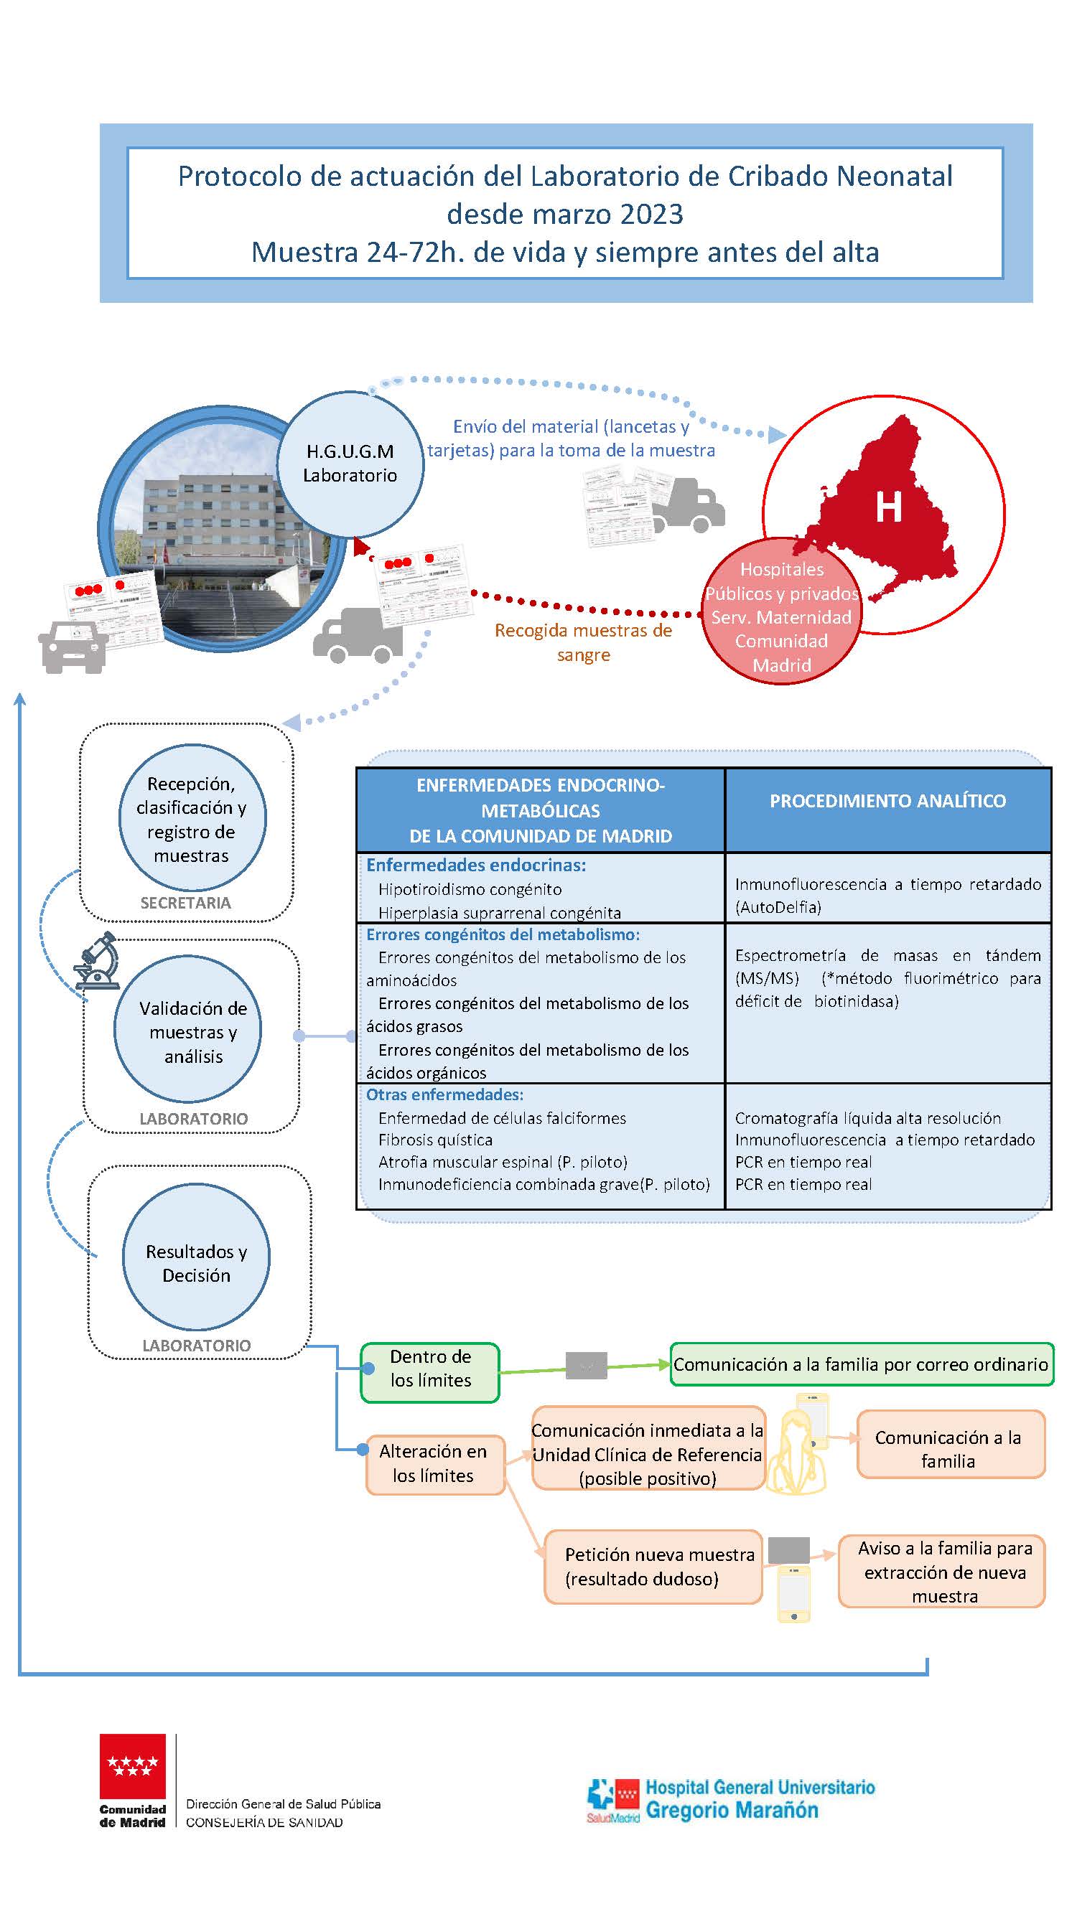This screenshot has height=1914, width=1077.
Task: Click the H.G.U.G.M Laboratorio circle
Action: pos(350,464)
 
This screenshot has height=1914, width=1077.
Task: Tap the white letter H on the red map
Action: pos(888,507)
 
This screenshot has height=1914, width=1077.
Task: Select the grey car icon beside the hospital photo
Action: pos(73,647)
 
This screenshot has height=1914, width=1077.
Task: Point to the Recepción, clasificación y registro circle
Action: pos(192,818)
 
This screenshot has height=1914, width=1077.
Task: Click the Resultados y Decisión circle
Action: pos(196,1262)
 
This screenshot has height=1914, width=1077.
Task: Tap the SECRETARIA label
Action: pos(186,903)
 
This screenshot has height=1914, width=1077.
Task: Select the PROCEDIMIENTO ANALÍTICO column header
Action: pos(887,801)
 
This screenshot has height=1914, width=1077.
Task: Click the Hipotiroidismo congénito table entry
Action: pos(470,889)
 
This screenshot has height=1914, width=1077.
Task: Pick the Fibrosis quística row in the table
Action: pos(436,1140)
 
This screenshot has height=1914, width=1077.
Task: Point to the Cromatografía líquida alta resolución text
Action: pos(867,1118)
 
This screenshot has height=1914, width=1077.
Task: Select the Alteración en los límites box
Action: pos(434,1463)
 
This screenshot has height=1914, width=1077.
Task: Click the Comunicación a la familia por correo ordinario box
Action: pos(861,1364)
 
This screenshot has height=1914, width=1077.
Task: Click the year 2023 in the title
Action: pos(651,214)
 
